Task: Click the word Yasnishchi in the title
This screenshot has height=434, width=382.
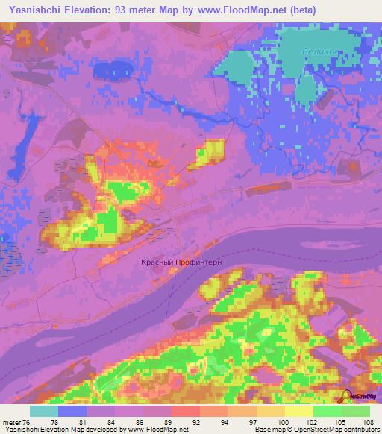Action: pos(35,10)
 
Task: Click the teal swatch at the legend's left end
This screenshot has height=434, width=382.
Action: pos(44,411)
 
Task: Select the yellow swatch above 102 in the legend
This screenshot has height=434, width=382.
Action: pos(299,411)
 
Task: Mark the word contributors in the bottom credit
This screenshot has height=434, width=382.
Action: pos(360,430)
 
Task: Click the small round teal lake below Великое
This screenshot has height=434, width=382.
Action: pos(305,91)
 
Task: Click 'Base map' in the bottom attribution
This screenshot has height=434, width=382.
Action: pos(266,430)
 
